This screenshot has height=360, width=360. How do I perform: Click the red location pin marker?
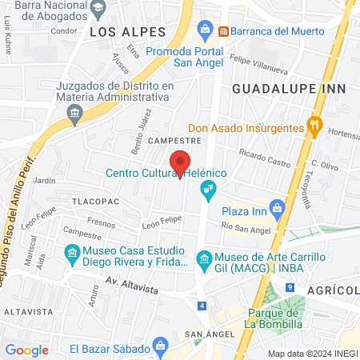point(182,163)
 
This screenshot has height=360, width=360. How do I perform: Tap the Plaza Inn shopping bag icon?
point(277,207)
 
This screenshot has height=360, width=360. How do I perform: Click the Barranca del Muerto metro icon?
point(224,30)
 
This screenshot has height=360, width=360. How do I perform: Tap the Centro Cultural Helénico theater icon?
point(208,189)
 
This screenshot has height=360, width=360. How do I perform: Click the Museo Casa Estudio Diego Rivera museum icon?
point(73,257)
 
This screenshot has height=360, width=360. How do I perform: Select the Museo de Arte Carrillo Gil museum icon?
point(203,258)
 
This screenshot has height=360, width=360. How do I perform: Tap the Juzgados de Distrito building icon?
point(74,113)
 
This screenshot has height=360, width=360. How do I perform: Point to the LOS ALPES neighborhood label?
point(127,31)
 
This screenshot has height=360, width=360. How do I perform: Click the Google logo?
point(26,350)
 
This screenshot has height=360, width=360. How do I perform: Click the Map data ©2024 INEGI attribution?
point(312,353)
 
